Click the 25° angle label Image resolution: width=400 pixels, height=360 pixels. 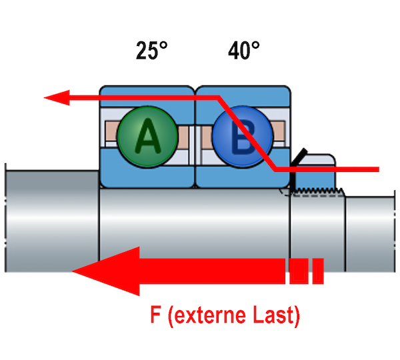[x=151, y=51]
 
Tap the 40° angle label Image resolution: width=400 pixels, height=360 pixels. [x=243, y=51]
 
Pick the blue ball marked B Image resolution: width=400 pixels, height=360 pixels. [x=241, y=137]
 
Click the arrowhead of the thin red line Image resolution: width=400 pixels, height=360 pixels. [x=53, y=99]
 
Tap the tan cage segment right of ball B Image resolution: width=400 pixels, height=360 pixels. [x=279, y=136]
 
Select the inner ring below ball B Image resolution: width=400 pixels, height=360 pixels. [x=241, y=176]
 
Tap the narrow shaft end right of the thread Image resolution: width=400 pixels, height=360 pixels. [x=371, y=227]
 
